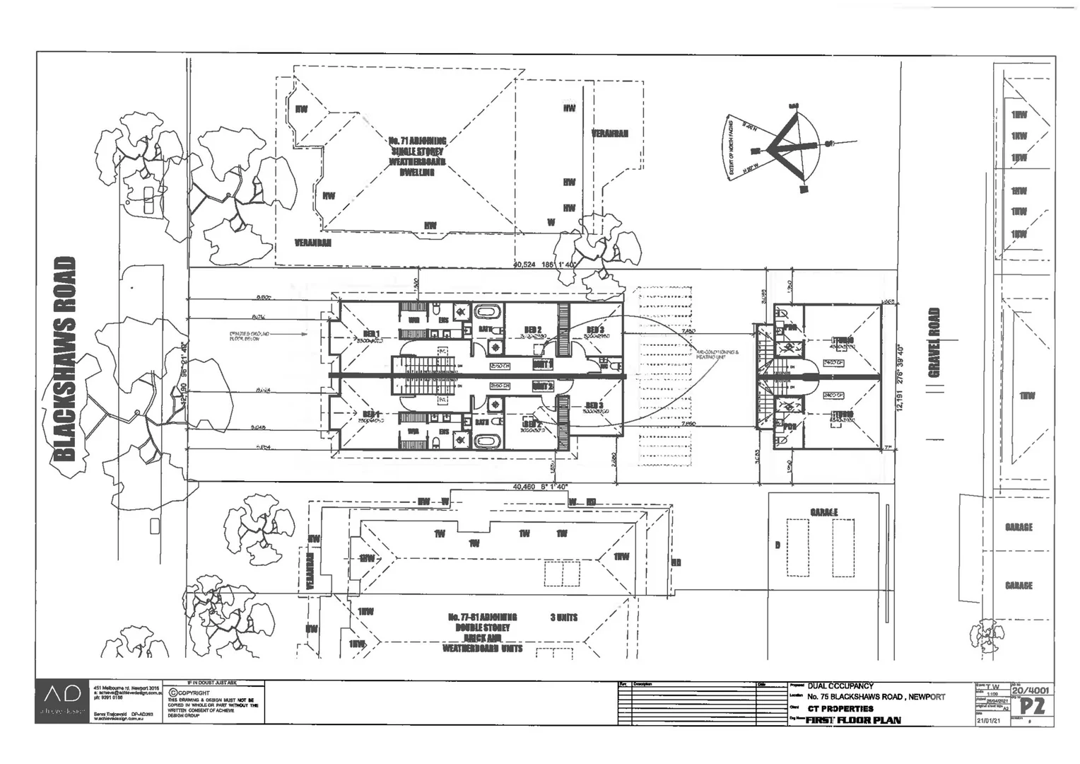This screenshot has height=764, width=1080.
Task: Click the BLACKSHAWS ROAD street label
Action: (65, 359)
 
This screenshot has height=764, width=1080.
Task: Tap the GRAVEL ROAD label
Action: (934, 342)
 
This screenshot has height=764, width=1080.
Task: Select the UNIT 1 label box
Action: (543, 364)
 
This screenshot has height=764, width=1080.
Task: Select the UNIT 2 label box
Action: (543, 386)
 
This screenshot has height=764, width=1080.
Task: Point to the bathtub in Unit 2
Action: (486, 440)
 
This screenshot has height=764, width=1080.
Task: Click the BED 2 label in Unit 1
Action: (533, 330)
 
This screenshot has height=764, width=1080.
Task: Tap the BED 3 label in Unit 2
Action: (594, 406)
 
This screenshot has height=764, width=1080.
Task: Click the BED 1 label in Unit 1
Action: (372, 335)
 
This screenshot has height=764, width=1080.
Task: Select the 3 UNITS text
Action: (563, 618)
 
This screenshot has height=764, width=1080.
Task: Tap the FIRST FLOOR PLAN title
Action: (853, 720)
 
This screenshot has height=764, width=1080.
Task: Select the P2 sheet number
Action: (1031, 706)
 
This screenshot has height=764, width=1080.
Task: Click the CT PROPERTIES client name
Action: (840, 709)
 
